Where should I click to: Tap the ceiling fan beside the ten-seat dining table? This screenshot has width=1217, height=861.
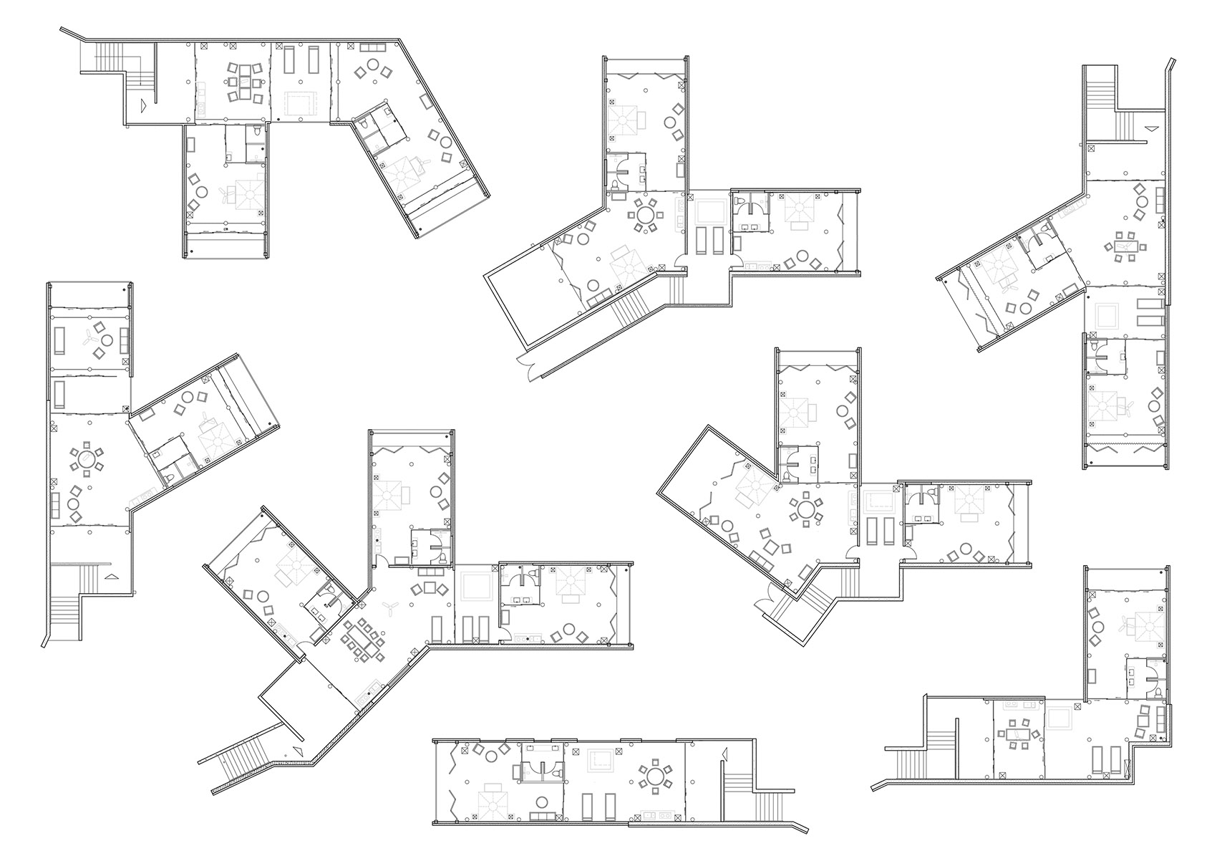coord(390,609)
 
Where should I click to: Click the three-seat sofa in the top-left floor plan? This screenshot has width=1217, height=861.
coord(372,47)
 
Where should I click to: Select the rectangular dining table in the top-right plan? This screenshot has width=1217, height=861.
coord(1125,246)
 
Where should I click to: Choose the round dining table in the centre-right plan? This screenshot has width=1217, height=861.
coord(808,510)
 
